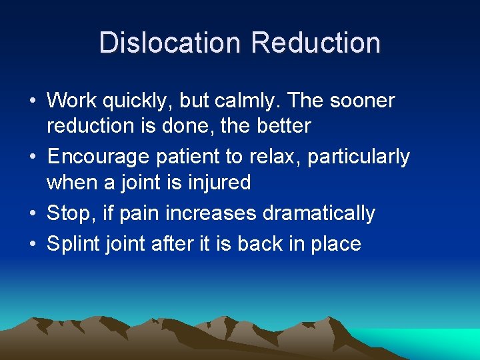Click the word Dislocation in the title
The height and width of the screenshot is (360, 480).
coord(171,43)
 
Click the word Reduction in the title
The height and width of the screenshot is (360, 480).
coord(315,43)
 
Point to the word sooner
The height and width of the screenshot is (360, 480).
coord(362,101)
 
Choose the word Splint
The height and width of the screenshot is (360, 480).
coord(73,244)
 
